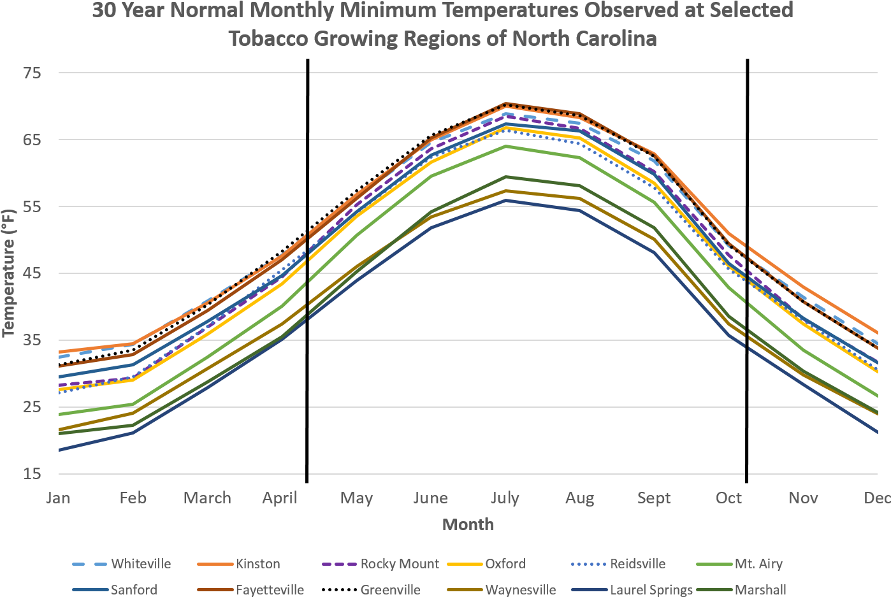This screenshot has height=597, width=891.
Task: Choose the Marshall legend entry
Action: (x=760, y=589)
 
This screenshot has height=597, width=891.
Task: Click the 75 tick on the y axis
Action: (x=32, y=73)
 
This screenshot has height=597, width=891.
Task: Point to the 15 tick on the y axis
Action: (x=32, y=474)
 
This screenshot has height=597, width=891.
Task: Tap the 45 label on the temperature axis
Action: (x=32, y=273)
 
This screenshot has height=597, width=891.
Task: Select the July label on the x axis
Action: (x=505, y=498)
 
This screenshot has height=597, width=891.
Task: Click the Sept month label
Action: (x=654, y=498)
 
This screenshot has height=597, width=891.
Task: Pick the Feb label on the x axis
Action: (x=133, y=498)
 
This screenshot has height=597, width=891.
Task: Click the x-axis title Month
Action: (x=468, y=524)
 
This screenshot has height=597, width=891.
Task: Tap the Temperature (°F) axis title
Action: (x=8, y=273)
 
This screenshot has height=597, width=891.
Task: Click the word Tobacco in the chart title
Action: (x=268, y=39)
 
